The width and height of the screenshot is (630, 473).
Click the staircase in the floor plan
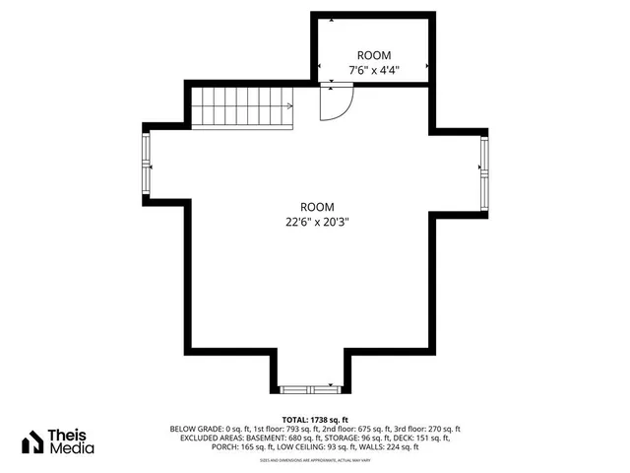coord(241,106)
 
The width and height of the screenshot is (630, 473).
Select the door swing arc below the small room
coord(338,103)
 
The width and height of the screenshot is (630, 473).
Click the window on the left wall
coord(148,165)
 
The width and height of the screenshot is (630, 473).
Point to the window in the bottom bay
coord(309,388)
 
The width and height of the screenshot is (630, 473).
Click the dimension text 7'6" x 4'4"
coord(374,70)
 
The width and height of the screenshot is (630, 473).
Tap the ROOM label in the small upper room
coord(374,56)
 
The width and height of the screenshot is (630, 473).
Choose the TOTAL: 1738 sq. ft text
coord(316,419)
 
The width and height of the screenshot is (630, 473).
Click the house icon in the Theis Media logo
coord(32,441)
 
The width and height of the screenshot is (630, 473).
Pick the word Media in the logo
coord(73,448)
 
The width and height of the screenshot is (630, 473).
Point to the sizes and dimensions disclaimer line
coord(315,459)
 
